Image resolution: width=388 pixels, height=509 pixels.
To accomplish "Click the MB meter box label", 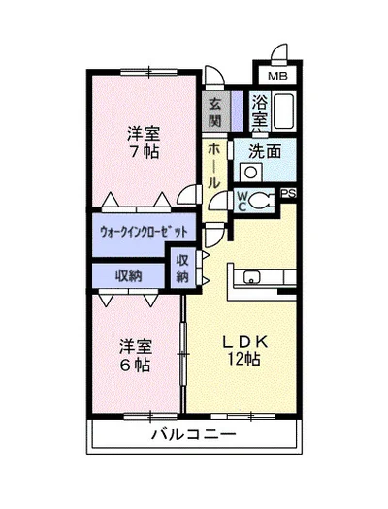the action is tap(277, 77).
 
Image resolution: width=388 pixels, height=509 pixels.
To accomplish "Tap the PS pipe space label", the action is tap(288, 194).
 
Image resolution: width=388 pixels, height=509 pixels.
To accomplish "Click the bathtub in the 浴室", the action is tap(284, 111).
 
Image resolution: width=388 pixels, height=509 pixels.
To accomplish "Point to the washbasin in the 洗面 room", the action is tap(250, 172).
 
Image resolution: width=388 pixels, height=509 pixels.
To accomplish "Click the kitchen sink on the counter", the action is tap(252, 277).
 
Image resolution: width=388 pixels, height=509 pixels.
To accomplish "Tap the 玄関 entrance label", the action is tap(214, 112).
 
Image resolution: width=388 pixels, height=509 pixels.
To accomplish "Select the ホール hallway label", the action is tap(213, 167).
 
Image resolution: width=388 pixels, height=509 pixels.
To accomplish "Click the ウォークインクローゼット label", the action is tap(144, 232).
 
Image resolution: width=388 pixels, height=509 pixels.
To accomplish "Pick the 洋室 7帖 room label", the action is tap(144, 143).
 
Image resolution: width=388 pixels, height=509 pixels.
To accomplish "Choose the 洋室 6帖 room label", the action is tap(136, 356).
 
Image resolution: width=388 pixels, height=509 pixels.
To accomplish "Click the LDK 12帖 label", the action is tap(244, 350).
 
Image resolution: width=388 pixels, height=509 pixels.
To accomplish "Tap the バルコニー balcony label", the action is tap(193, 434).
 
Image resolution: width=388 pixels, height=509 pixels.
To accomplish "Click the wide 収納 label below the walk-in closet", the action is tap(129, 276).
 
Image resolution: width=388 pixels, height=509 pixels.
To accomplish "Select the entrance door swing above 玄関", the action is tap(214, 78).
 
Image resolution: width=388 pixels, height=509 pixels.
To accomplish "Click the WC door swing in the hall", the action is tap(220, 201).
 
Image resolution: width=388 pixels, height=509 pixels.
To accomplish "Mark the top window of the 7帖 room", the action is tap(148, 72).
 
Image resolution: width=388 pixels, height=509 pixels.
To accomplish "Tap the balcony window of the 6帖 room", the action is tap(150, 416).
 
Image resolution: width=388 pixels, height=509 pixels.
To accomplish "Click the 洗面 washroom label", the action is tap(265, 151).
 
